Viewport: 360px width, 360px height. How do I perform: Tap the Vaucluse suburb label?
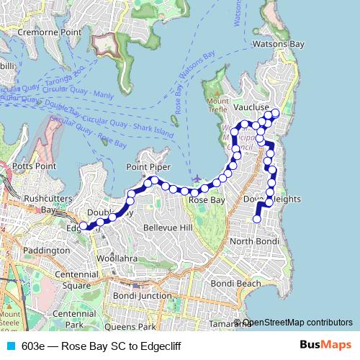point(251,107)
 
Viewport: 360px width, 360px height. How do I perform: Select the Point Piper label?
point(147,167)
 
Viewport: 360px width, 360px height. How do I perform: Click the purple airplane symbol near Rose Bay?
point(198,178)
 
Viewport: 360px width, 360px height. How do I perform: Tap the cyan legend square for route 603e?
point(11,346)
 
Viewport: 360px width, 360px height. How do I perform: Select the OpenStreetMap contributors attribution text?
point(297,323)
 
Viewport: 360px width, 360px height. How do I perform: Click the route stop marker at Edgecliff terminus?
point(84,225)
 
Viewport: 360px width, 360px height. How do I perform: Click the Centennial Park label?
point(74,319)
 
